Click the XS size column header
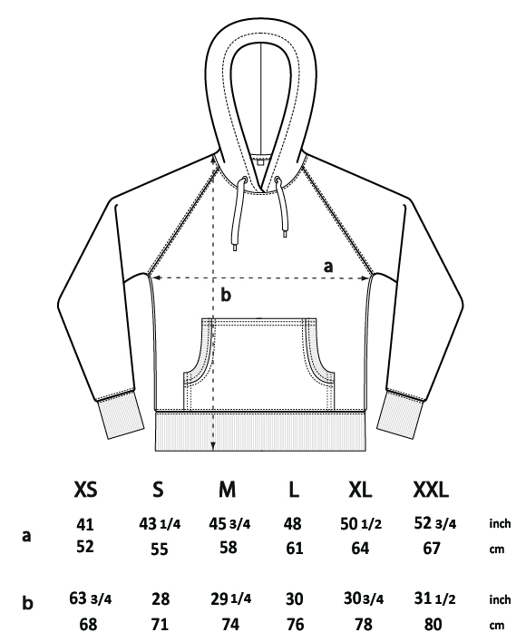(85, 490)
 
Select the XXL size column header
(431, 490)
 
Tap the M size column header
(228, 490)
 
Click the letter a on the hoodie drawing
(328, 267)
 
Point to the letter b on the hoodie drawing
(226, 295)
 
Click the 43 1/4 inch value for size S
(160, 524)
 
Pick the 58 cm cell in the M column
(228, 548)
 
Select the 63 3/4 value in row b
(91, 598)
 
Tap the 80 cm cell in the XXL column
(433, 624)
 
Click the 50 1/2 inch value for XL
(361, 524)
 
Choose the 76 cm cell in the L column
(295, 624)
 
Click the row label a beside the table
(26, 536)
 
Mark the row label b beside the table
(27, 603)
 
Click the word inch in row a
(500, 523)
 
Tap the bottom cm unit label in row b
(497, 626)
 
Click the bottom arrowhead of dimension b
(213, 447)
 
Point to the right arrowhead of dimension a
(365, 278)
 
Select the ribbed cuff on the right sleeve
(400, 414)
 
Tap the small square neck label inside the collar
(260, 162)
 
